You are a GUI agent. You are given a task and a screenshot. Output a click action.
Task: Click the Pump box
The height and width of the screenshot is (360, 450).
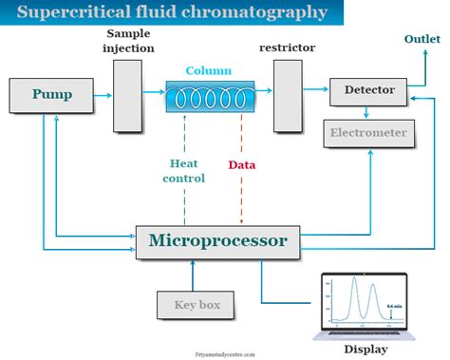(52, 95)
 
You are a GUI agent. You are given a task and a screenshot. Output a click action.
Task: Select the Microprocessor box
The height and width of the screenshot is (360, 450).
(217, 240)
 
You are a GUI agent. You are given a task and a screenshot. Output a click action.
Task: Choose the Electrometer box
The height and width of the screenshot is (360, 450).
(368, 133)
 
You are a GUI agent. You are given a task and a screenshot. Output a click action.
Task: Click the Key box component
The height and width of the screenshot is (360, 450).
(197, 305)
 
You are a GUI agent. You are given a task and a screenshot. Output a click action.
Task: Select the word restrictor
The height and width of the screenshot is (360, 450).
(289, 47)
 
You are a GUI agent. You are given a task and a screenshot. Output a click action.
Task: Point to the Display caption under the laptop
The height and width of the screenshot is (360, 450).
(366, 349)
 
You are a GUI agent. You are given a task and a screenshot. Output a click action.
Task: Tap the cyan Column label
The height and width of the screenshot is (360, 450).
(208, 70)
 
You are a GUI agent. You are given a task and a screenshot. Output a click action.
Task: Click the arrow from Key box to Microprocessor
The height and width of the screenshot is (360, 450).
(197, 275)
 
